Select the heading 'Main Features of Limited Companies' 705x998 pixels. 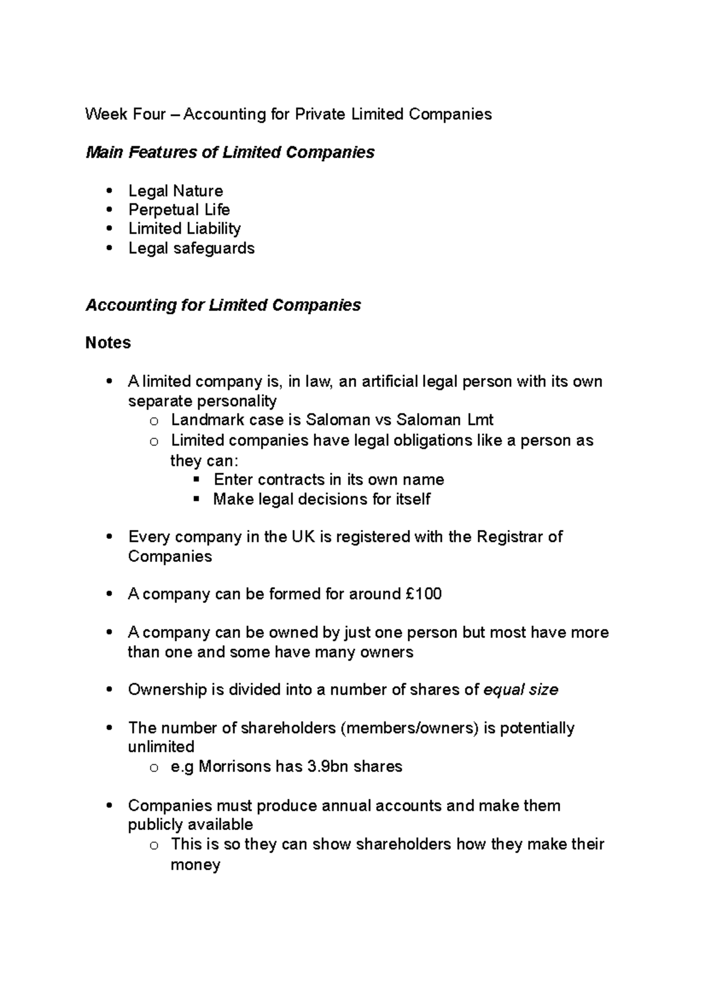coord(230,152)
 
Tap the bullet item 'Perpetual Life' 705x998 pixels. coord(179,210)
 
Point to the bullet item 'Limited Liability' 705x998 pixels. coord(184,229)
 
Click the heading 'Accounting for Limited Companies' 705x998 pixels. coord(223,305)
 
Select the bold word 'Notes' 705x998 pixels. coord(108,343)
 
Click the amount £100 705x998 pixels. coord(424,594)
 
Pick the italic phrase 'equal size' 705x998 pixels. coord(520,689)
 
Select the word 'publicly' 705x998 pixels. coord(155,824)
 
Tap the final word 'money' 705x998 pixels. coord(195,865)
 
